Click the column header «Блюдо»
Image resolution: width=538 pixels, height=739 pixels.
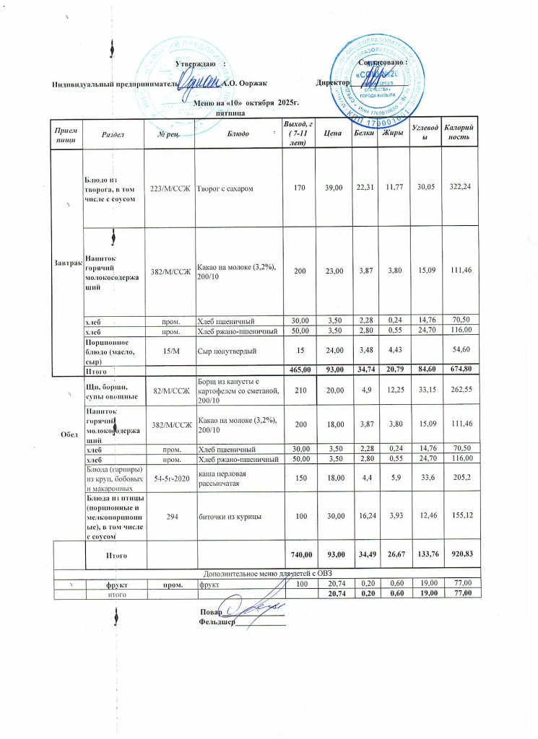click(238, 134)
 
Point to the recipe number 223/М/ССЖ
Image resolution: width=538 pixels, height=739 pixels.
click(170, 188)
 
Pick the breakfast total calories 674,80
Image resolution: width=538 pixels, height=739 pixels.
click(456, 369)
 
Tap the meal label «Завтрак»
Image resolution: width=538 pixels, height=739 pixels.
click(69, 261)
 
